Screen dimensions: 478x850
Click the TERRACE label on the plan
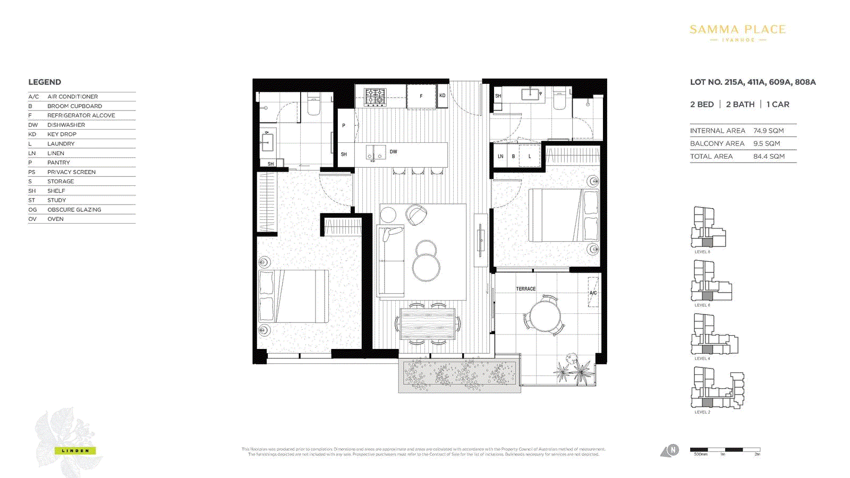525,289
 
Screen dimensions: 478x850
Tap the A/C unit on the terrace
593,292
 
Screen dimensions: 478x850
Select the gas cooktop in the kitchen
375,97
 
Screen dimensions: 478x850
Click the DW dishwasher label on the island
393,152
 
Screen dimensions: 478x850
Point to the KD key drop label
442,96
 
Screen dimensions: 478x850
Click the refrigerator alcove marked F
421,96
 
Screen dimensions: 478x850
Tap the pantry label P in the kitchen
344,126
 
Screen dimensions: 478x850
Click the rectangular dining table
428,323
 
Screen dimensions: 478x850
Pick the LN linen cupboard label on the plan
500,157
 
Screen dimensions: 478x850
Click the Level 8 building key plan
708,228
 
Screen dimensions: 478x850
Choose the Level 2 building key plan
717,389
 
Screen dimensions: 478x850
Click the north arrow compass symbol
670,451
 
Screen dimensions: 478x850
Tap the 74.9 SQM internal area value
768,131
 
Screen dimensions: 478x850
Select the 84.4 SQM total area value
769,157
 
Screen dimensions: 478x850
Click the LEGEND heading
45,82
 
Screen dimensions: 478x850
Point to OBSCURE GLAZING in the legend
74,210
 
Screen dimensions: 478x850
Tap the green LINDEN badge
75,451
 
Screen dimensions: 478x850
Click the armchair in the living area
416,215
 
